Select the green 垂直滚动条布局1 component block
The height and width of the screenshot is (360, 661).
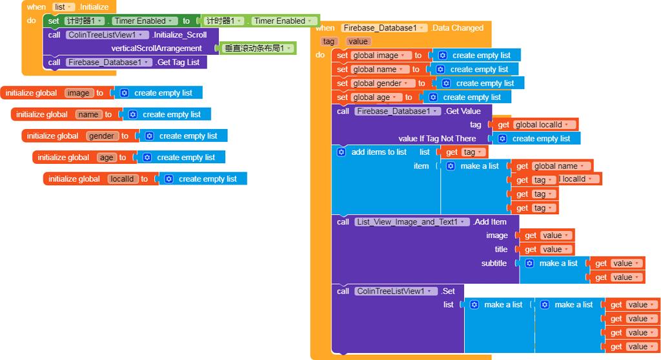(258, 48)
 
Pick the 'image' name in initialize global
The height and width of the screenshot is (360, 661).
(79, 93)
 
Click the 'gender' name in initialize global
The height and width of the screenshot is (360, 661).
(102, 136)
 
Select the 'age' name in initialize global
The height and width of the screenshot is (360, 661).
(107, 157)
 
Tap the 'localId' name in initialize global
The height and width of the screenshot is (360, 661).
(123, 179)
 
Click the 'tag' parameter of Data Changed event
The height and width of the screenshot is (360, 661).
(329, 41)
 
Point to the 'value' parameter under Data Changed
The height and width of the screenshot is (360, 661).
(358, 41)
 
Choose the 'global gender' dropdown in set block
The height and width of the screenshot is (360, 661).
(383, 83)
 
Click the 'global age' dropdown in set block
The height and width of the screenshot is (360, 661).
(377, 97)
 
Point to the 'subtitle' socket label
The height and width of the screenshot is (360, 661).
(494, 263)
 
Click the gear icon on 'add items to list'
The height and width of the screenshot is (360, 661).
(341, 152)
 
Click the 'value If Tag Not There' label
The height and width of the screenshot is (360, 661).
(437, 139)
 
